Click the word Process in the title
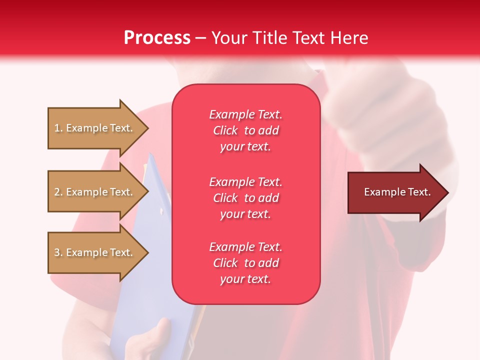[157, 38]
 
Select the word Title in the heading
[269, 38]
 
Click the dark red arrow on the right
[395, 192]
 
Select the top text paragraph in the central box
[245, 130]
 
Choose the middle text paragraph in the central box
[245, 198]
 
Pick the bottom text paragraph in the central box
[245, 263]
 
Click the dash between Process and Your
[200, 38]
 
